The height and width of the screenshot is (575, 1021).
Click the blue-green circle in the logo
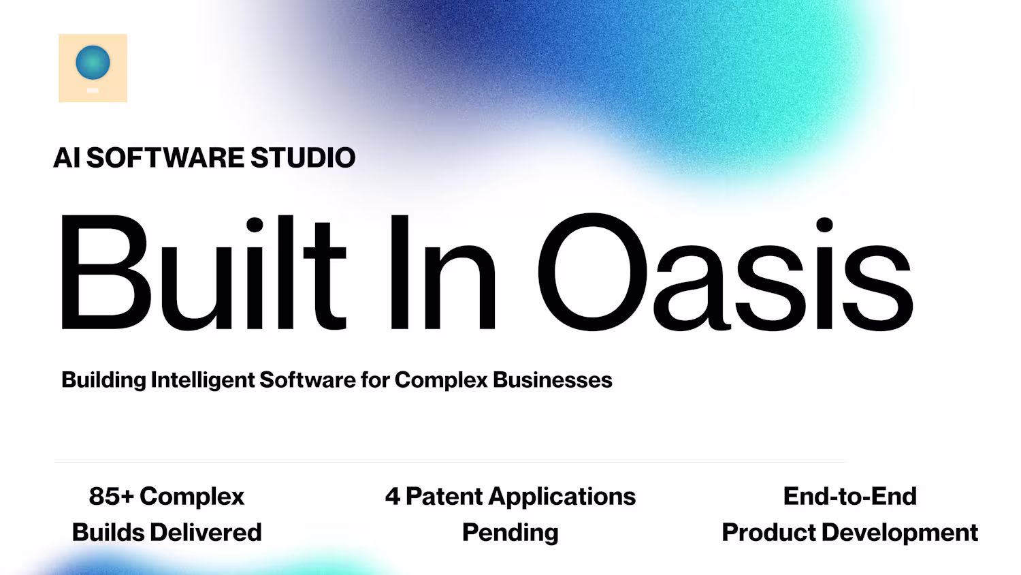coord(93,63)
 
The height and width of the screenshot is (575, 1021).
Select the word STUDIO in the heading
coord(303,157)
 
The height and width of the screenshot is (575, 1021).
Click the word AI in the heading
coord(67,157)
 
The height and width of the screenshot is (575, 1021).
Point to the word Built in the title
coord(202,272)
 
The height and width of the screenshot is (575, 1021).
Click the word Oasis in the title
coord(726,272)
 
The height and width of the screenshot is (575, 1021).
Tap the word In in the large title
coord(442,272)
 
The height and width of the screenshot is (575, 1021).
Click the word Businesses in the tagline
coord(553,379)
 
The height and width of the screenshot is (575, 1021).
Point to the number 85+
coord(111,497)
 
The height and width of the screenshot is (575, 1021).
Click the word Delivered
coord(206,533)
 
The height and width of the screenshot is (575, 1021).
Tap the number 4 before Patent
coord(393,497)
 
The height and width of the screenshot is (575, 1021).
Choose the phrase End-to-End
coord(849,497)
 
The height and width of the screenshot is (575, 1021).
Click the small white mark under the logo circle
coord(93,91)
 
